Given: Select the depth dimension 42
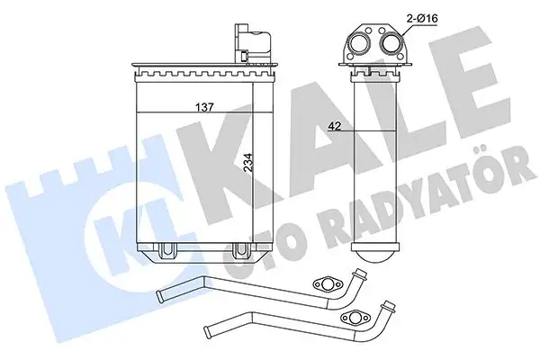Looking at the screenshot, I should tap(333, 128).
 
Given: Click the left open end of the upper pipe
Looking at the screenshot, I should tap(158, 294).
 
